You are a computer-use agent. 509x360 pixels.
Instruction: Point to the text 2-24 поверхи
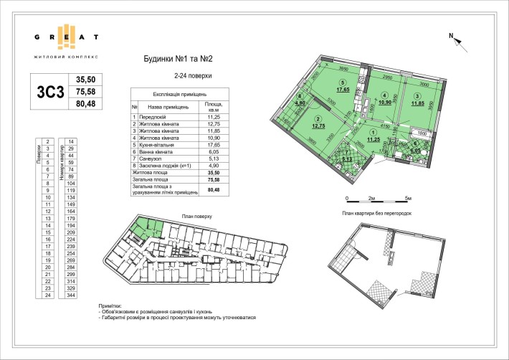[x=191, y=75]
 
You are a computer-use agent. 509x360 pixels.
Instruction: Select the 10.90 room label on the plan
[x=385, y=101]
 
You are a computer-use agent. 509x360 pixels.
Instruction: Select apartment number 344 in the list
[x=71, y=295]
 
